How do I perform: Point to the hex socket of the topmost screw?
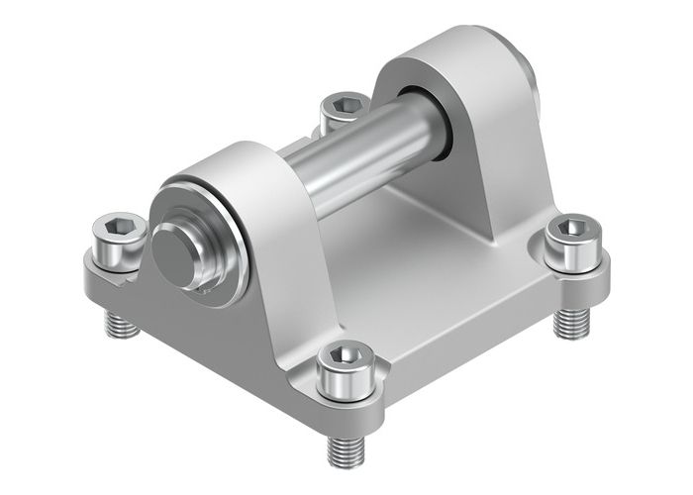click(344, 103)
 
